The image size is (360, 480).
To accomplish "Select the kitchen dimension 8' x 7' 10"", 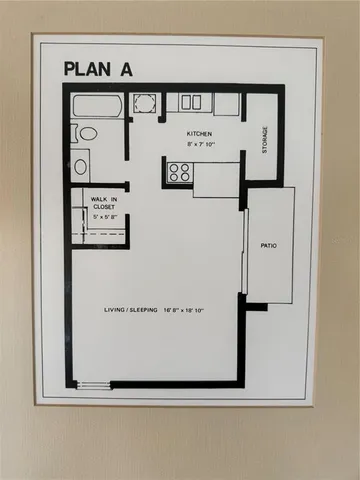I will [204, 145].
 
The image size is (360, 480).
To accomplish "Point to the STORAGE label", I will [265, 139].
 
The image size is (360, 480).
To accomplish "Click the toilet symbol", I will [86, 132].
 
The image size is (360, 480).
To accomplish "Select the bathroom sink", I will [81, 165].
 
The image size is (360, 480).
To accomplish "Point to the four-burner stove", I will [180, 171].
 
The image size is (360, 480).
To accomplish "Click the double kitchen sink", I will [190, 103].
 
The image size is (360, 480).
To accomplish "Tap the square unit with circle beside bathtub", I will [143, 103].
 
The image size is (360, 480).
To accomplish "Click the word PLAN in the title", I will [89, 69].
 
